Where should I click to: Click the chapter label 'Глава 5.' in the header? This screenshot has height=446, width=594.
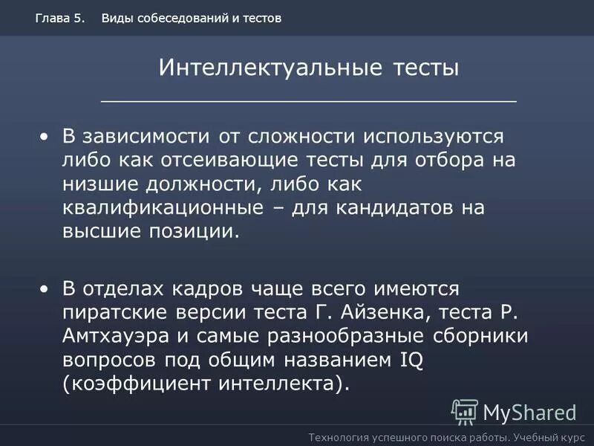[59, 18]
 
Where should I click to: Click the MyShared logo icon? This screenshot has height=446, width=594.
[465, 411]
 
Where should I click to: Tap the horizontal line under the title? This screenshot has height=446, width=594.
[308, 100]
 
